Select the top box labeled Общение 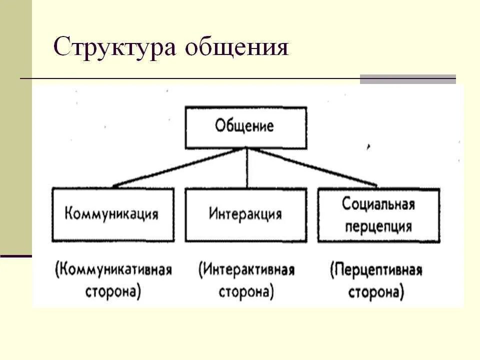(x=245, y=127)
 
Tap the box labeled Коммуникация (x=112, y=214)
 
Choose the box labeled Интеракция (x=245, y=214)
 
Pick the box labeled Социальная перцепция (x=378, y=215)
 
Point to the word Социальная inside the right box (x=378, y=204)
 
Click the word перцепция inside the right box (x=378, y=226)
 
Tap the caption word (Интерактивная (x=246, y=270)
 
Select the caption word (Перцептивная (x=376, y=271)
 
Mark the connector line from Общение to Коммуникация (x=180, y=167)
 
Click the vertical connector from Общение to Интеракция (x=246, y=168)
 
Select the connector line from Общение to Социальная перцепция (x=312, y=167)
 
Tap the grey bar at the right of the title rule (x=408, y=79)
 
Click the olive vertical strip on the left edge (x=15, y=125)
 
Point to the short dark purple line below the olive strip (x=15, y=256)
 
